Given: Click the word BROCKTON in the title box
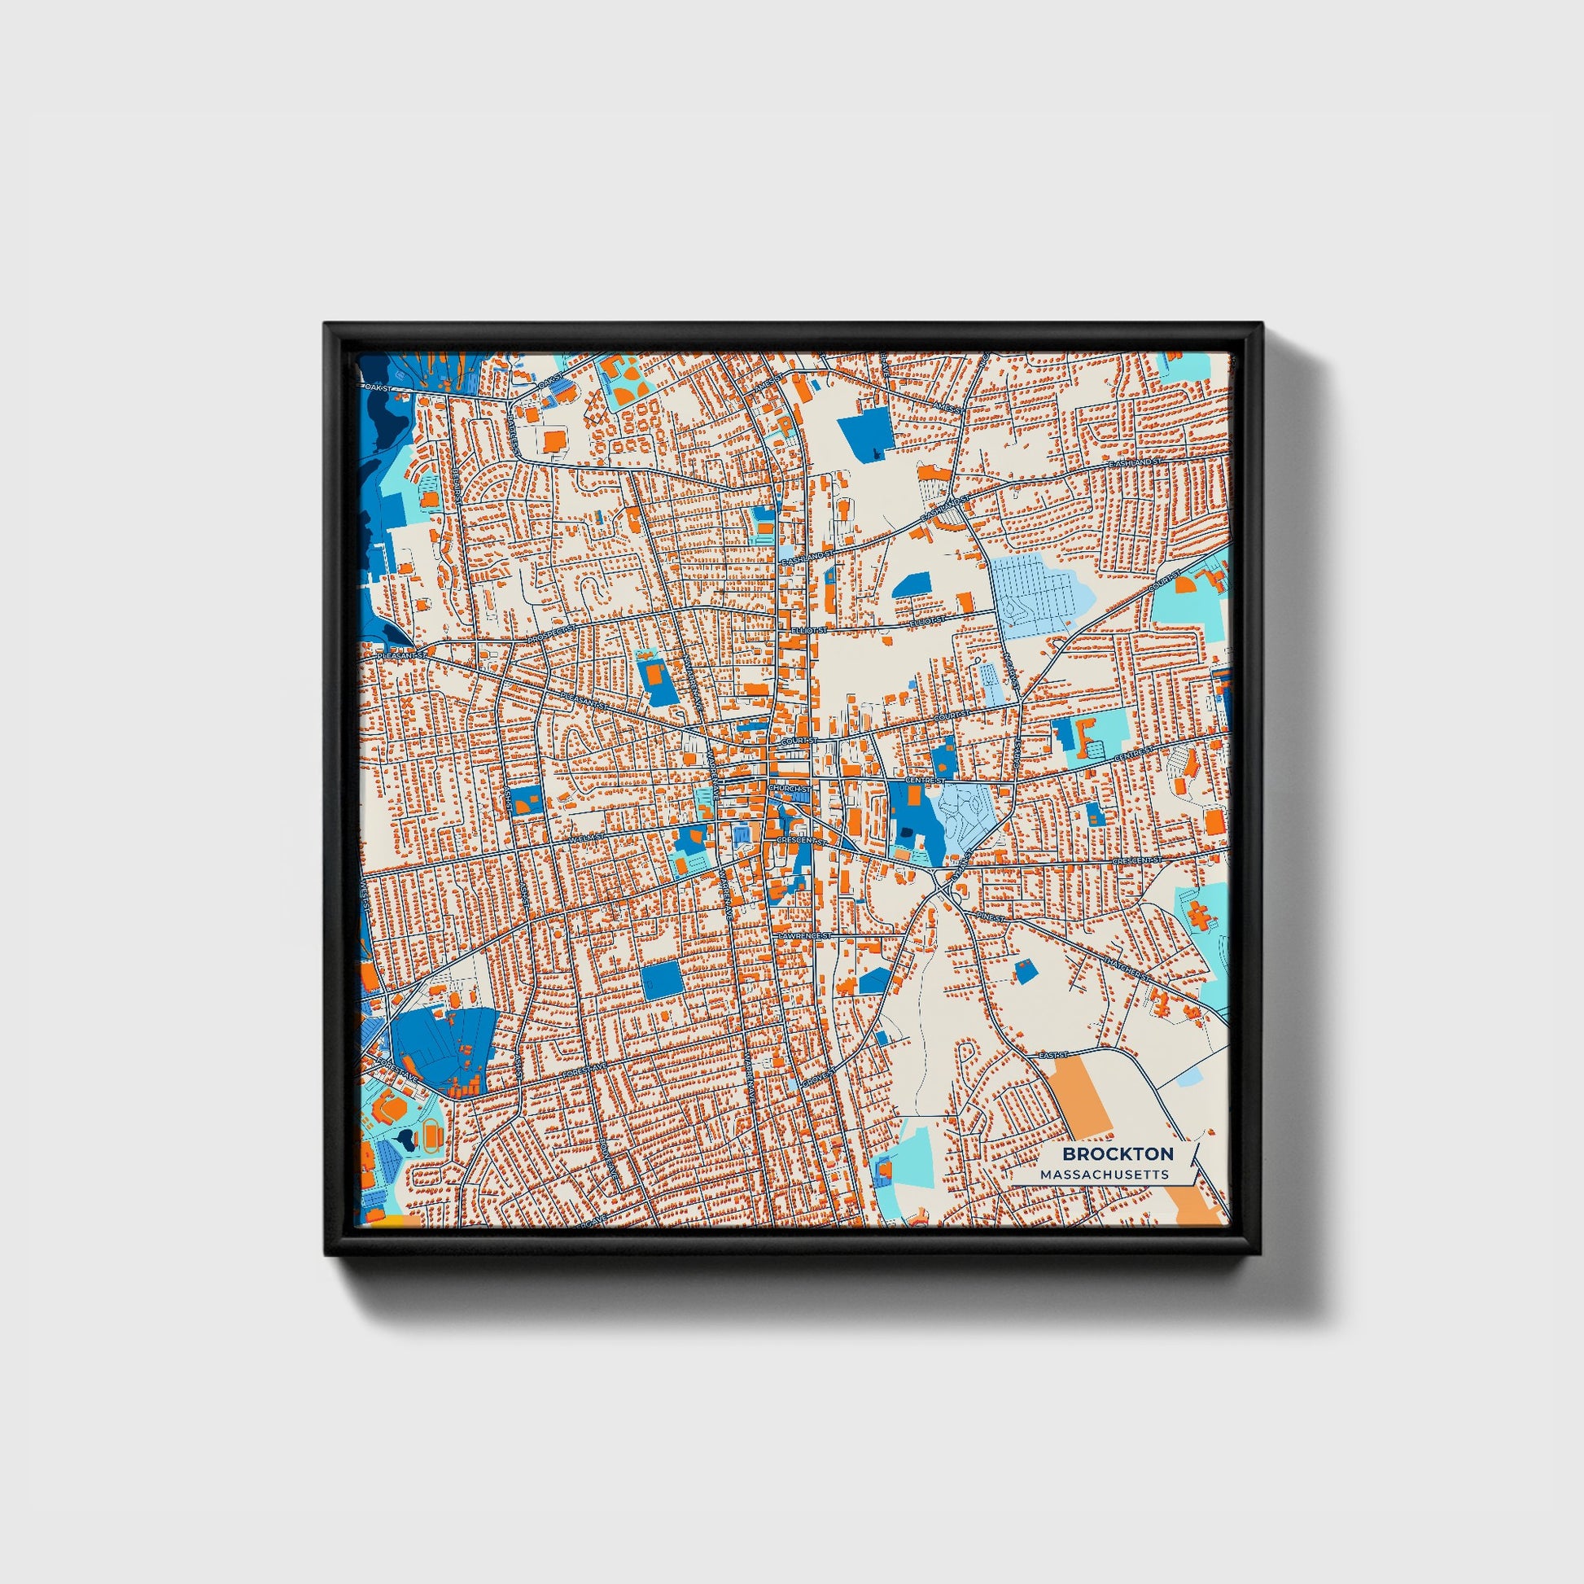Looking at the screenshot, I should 1118,1153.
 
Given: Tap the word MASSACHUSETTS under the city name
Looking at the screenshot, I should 1105,1175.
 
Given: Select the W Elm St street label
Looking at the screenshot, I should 586,838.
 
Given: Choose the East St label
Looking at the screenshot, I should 1053,1054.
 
